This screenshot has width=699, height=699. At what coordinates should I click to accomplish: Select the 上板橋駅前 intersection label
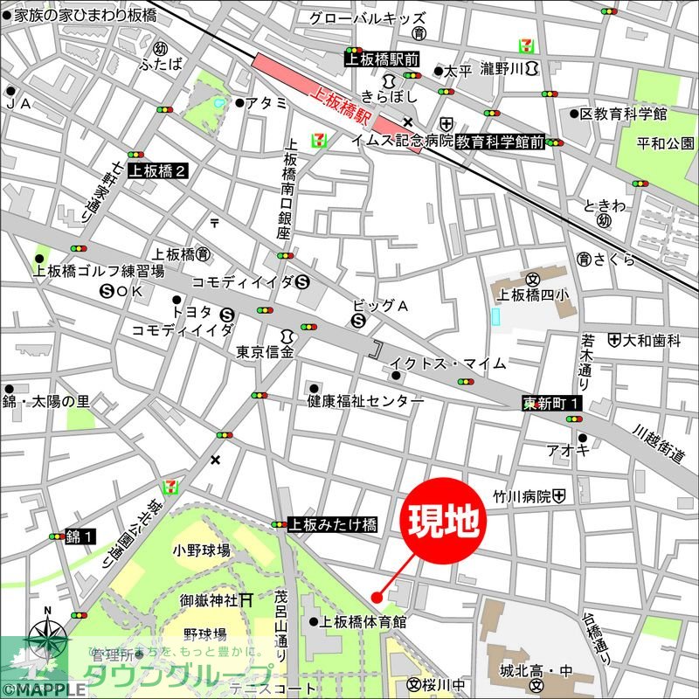click(382, 59)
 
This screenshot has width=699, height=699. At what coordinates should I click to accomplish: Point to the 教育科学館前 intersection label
click(501, 140)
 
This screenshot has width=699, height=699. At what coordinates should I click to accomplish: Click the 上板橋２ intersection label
click(158, 170)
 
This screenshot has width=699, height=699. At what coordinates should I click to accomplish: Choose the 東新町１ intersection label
click(551, 404)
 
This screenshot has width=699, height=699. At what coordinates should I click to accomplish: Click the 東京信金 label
click(266, 352)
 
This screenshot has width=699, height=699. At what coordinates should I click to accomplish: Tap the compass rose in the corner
click(48, 639)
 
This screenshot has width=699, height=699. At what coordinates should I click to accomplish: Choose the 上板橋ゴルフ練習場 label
click(99, 271)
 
